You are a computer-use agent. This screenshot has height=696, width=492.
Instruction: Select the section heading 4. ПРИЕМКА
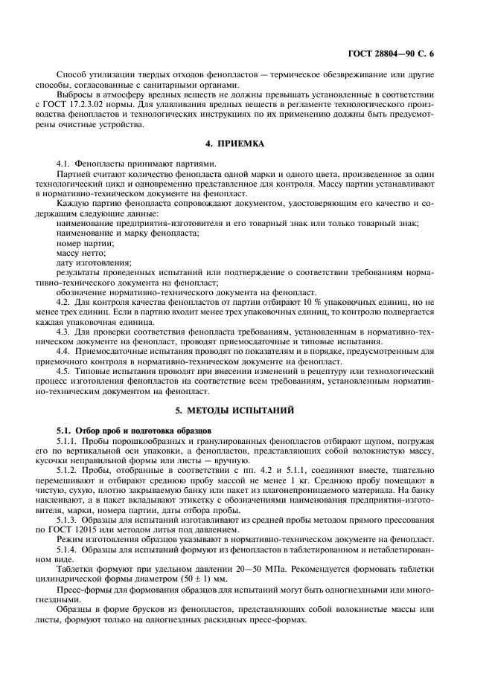pyautogui.click(x=246, y=142)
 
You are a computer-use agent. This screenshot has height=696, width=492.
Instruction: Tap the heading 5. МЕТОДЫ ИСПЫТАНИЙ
pyautogui.click(x=246, y=410)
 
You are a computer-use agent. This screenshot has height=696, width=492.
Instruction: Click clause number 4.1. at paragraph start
pyautogui.click(x=65, y=163)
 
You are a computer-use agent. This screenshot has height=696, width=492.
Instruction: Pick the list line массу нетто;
pyautogui.click(x=81, y=253)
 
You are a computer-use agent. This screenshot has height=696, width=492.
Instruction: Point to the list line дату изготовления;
pyautogui.click(x=93, y=262)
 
